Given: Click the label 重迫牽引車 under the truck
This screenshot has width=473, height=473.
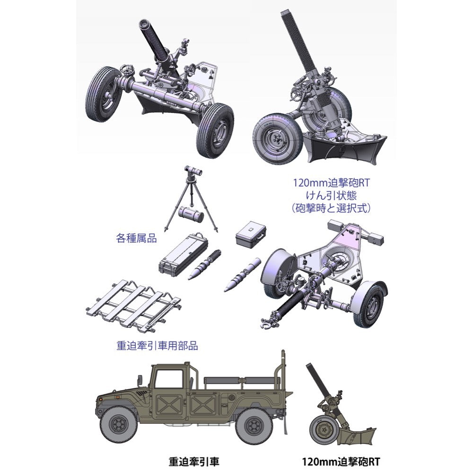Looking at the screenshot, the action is point(193,461).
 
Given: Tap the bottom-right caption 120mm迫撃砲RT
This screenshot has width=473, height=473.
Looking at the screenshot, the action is point(341,461).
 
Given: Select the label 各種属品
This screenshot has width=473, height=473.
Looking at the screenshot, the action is point(136,238).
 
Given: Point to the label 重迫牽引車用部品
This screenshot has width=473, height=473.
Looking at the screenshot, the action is point(157,345).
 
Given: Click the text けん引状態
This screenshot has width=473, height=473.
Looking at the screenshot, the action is point(331,195).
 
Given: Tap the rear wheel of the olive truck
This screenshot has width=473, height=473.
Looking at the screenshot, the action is point(253,425).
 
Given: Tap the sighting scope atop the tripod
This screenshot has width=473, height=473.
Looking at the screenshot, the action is point(193,171).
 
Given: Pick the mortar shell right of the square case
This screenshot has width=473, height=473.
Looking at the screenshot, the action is point(242,274).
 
